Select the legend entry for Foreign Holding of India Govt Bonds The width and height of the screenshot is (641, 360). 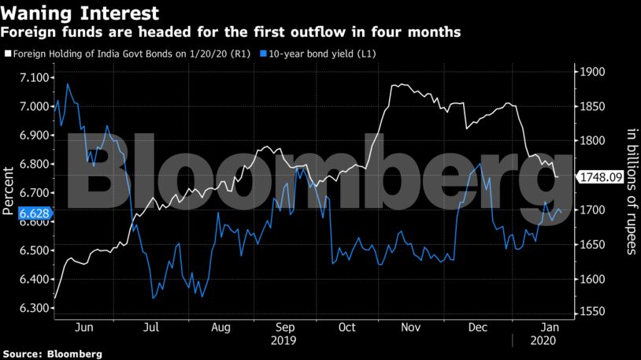click(x=127, y=54)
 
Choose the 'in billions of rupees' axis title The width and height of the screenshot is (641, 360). click(x=630, y=193)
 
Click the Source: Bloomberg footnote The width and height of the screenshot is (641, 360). click(x=51, y=354)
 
